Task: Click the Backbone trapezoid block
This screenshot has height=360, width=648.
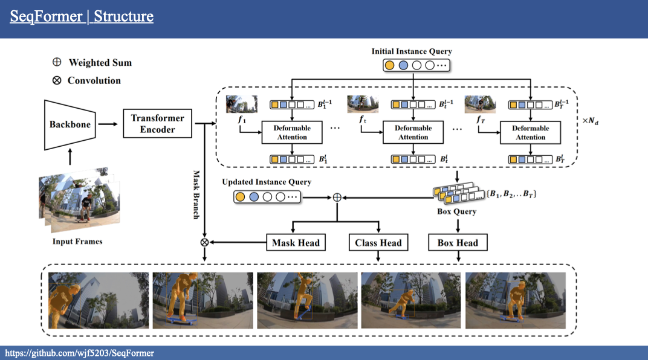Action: click(70, 124)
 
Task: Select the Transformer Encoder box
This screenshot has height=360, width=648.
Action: click(157, 124)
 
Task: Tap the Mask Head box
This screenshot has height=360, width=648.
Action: click(295, 243)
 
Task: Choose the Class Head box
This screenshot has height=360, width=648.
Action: click(378, 243)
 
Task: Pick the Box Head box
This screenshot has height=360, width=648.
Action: click(458, 243)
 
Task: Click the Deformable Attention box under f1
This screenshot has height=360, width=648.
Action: click(292, 132)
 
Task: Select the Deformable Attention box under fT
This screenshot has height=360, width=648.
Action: click(530, 132)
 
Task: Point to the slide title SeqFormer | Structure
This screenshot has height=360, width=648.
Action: click(82, 16)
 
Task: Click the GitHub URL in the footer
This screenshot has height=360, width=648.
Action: click(80, 353)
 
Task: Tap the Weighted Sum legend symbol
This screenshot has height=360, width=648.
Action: click(57, 63)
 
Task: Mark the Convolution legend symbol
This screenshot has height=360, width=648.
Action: click(57, 80)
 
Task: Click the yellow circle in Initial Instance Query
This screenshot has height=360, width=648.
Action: click(390, 65)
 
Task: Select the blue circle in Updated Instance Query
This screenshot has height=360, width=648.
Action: click(254, 196)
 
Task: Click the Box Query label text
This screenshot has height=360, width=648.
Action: click(456, 212)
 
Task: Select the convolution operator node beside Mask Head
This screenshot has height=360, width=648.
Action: click(205, 243)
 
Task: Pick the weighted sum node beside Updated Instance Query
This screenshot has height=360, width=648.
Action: click(337, 197)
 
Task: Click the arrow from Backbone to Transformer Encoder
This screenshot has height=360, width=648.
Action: click(108, 124)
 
